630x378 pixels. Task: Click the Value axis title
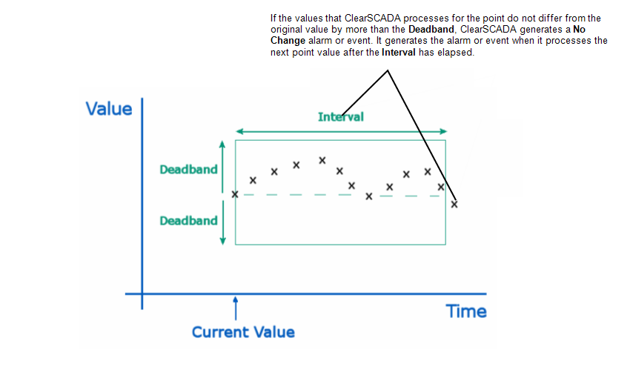click(109, 109)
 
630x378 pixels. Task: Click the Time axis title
click(466, 311)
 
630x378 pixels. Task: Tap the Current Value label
click(243, 332)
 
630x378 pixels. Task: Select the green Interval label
click(341, 117)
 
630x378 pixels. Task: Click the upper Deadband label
click(188, 170)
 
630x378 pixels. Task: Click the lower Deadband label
click(188, 221)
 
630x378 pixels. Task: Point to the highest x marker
click(322, 160)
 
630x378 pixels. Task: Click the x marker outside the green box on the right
click(454, 204)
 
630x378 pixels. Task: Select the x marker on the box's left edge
click(235, 194)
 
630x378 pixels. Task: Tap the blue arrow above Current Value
click(236, 308)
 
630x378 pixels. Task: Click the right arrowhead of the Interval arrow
click(443, 131)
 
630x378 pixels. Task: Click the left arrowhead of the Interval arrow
click(239, 131)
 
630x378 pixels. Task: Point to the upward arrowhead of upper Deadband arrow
click(222, 145)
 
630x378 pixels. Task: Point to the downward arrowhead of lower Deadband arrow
click(222, 241)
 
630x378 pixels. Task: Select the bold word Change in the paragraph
click(288, 41)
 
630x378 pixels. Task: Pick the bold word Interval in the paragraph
click(398, 52)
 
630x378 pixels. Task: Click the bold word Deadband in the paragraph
click(431, 30)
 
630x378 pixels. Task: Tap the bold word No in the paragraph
click(579, 30)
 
